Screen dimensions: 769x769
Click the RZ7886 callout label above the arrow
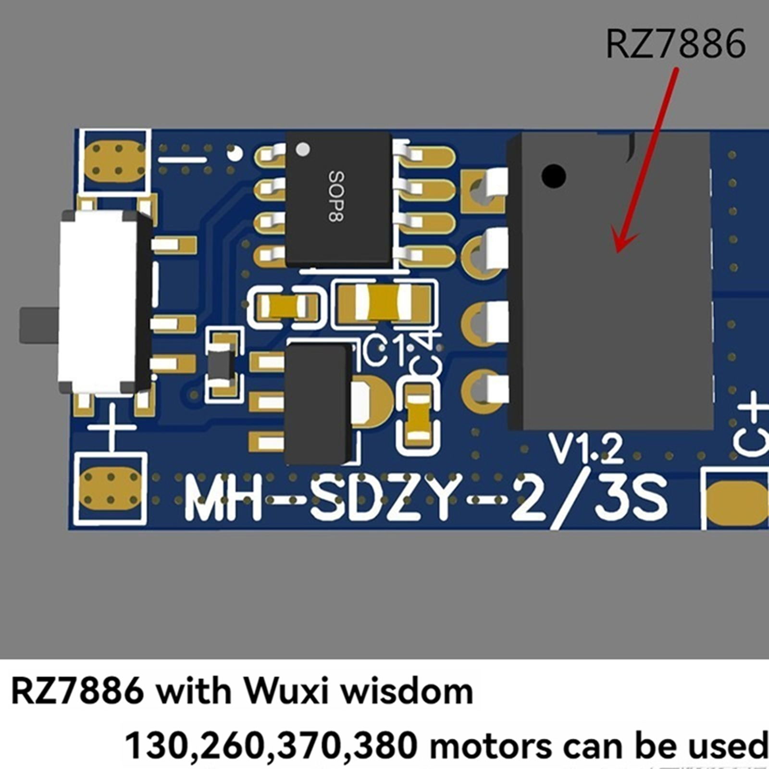coord(675,44)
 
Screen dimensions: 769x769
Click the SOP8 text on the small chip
coord(336,196)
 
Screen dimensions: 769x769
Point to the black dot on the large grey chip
coord(553,175)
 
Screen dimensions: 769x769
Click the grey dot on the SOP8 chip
coord(303,149)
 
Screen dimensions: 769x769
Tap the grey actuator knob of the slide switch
coord(38,326)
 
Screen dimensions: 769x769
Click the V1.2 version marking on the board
coord(586,448)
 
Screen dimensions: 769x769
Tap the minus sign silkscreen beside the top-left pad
coord(182,159)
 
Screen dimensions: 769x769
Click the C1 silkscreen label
coord(384,351)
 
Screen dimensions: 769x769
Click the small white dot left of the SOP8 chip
coord(235,153)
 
